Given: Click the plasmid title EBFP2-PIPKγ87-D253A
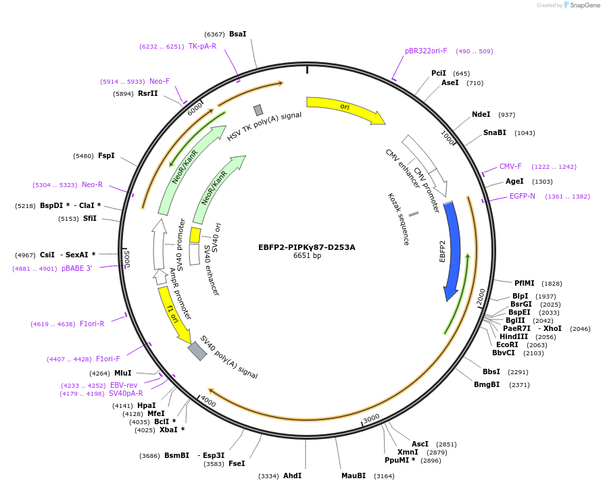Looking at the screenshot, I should tap(306, 247).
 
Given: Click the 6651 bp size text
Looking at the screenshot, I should tap(306, 256).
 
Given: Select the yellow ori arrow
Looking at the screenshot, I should tap(345, 108).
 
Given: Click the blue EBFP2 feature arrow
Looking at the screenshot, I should tap(452, 250).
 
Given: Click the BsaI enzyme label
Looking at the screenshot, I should tap(237, 34).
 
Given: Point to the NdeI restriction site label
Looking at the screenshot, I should tap(481, 115).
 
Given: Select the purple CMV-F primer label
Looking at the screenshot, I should tap(510, 166).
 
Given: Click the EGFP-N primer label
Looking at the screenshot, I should tap(522, 197).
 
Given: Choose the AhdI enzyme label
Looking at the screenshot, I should tap(292, 476).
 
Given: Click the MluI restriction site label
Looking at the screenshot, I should tap(122, 373).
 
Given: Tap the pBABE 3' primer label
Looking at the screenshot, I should tap(76, 269).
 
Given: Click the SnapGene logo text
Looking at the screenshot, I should tap(585, 5).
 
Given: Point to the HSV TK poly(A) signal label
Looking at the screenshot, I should tap(264, 126).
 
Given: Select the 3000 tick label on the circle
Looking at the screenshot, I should tap(371, 419).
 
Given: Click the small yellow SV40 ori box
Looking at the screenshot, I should tap(195, 235).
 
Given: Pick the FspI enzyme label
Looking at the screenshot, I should tap(106, 156).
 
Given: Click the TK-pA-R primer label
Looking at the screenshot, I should tap(202, 47).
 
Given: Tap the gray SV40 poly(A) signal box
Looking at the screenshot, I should tap(197, 351).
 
